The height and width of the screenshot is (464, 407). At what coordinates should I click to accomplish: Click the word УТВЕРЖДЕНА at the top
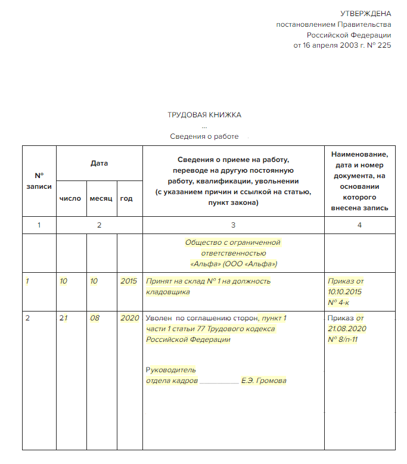pos(365,14)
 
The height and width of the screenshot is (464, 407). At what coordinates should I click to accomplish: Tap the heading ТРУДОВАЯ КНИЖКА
pos(204,115)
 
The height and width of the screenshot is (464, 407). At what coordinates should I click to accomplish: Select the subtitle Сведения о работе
pos(204,136)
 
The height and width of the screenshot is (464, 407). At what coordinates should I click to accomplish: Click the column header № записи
pos(39,181)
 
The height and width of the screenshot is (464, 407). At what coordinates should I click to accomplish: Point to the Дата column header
pos(100,163)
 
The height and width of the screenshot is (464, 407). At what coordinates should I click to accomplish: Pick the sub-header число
pos(70,198)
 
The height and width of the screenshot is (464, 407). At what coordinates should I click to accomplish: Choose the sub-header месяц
pos(101,198)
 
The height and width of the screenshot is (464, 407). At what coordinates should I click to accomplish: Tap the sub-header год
pos(126,198)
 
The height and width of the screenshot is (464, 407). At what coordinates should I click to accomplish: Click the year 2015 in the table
pos(129,281)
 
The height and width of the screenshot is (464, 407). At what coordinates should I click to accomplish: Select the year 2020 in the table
pos(129,317)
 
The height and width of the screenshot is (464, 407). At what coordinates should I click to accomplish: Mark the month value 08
pos(95,317)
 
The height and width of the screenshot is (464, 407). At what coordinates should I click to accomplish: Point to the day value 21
pos(63,317)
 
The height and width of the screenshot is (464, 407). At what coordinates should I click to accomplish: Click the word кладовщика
pos(168,292)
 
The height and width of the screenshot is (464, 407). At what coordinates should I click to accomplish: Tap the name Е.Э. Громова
pos(263,381)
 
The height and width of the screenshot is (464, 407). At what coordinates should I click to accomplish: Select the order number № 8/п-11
pos(343,340)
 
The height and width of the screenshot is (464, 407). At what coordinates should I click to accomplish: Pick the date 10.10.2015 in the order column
pos(345,292)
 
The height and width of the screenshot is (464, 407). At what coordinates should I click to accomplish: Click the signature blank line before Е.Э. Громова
pos(219,381)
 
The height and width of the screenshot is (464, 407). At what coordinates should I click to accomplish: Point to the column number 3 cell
pos(233,225)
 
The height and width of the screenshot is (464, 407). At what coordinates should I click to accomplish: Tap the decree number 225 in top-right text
pos(385,45)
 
